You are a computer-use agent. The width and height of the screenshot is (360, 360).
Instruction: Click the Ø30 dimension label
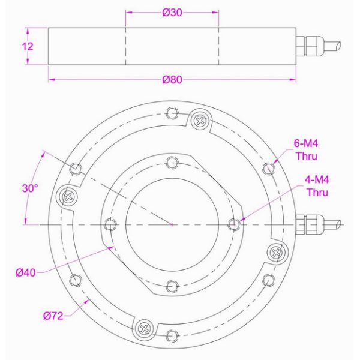172,14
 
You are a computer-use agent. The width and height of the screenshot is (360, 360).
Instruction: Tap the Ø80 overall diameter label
172,82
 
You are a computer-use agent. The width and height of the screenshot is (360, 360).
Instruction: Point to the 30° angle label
30,188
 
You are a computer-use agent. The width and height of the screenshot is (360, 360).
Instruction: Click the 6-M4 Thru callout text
306,150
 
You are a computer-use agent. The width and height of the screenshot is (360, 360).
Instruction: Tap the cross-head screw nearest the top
199,121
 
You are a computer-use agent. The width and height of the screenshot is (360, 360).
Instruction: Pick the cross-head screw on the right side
275,253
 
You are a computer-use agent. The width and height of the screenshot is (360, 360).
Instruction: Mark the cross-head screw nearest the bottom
145,327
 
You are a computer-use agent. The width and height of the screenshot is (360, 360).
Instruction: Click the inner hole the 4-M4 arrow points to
234,224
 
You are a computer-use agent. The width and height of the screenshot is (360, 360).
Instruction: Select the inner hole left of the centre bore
109,224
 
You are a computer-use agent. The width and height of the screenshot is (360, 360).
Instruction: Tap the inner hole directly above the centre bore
172,161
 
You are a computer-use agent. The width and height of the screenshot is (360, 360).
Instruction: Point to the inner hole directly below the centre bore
172,286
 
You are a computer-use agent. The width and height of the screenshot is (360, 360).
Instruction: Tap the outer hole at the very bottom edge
172,334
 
